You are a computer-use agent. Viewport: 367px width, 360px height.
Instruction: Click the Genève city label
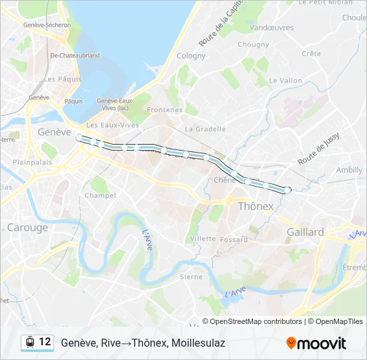(x=54, y=132)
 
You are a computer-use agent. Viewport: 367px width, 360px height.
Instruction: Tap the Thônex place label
(x=256, y=207)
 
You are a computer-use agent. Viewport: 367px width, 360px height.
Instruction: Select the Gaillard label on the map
(x=305, y=232)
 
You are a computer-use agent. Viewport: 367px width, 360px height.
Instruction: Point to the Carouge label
(x=27, y=227)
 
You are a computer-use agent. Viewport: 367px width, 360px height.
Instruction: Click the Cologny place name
(x=191, y=56)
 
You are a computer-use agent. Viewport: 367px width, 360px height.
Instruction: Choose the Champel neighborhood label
(x=100, y=195)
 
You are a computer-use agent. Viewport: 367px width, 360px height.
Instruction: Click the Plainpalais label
(x=32, y=162)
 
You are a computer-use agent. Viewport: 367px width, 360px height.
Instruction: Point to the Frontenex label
(x=165, y=109)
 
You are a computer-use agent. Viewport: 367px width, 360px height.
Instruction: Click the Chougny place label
(x=254, y=45)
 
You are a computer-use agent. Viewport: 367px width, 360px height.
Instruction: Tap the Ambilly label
(x=349, y=170)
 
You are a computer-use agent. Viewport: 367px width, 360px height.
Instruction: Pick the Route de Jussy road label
(x=318, y=149)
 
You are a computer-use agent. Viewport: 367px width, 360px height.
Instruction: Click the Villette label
(x=203, y=239)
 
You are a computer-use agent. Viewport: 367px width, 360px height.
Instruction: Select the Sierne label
(x=192, y=276)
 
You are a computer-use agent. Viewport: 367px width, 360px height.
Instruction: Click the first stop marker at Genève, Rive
(x=79, y=137)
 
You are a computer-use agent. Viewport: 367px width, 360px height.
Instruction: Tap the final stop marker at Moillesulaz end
(x=288, y=191)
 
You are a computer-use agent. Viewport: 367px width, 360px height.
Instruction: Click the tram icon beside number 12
(x=29, y=342)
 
